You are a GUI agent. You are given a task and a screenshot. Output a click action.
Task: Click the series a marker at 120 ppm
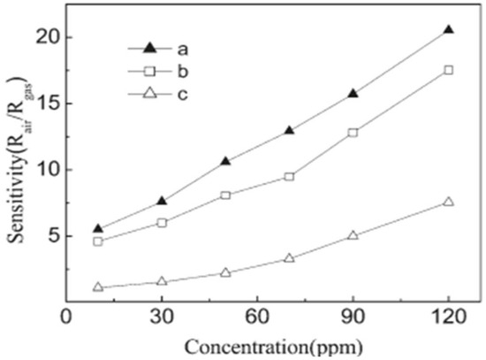pos(449,30)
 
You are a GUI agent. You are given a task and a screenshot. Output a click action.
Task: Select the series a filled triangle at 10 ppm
pos(98,228)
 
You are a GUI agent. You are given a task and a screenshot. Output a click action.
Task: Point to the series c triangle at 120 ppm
pos(449,202)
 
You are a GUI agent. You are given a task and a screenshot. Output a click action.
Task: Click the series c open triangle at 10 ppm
pos(98,287)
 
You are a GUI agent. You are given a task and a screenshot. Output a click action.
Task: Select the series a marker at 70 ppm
pos(289,130)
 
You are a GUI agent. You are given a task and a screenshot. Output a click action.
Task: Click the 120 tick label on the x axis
pos(448,316)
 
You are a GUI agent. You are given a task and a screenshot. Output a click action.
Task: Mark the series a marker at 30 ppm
pos(162,201)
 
